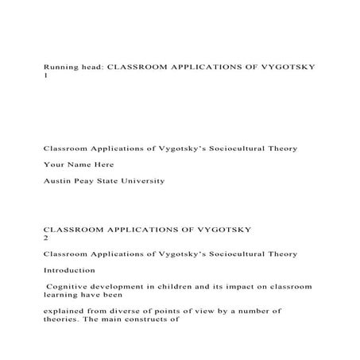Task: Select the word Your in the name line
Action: point(53,165)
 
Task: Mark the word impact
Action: point(233,285)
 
